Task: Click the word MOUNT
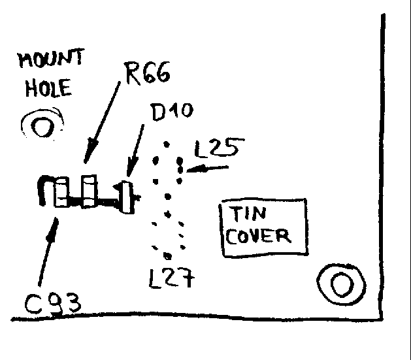click(x=50, y=61)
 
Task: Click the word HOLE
click(x=49, y=89)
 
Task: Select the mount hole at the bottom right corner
click(x=340, y=284)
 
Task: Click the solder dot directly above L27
click(x=168, y=256)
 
